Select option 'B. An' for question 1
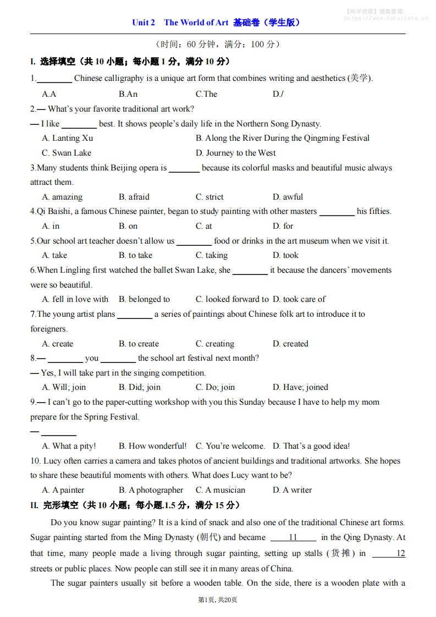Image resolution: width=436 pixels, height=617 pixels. click(128, 94)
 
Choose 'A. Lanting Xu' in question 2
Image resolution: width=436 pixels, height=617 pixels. click(68, 138)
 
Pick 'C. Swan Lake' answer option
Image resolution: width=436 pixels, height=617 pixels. click(67, 153)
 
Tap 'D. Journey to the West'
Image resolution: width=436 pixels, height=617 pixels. click(236, 153)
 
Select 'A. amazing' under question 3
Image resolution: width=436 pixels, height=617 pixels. click(62, 197)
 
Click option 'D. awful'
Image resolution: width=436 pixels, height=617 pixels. click(288, 197)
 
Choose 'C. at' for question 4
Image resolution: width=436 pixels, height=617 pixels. click(204, 226)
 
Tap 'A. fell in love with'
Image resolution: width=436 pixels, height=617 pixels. click(75, 299)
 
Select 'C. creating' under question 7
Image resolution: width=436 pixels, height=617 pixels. click(215, 344)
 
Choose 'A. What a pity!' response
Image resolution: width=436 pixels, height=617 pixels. click(69, 446)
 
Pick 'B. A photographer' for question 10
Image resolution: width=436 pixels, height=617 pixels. click(151, 490)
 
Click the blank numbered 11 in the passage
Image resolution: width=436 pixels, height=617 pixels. click(293, 537)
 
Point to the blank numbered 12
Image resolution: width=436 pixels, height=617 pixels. click(389, 553)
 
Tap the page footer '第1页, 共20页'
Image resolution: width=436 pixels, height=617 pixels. click(218, 600)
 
